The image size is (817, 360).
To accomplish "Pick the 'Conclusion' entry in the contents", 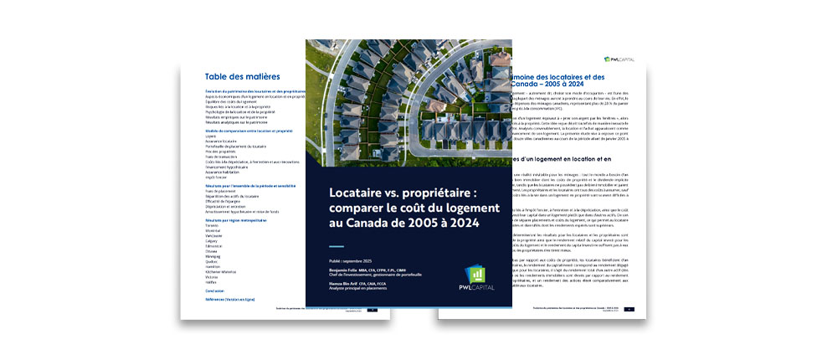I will pos(215,291).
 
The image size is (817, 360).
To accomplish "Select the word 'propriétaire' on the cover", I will pos(445,192).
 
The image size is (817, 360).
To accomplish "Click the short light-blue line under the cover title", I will pos(337,246).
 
